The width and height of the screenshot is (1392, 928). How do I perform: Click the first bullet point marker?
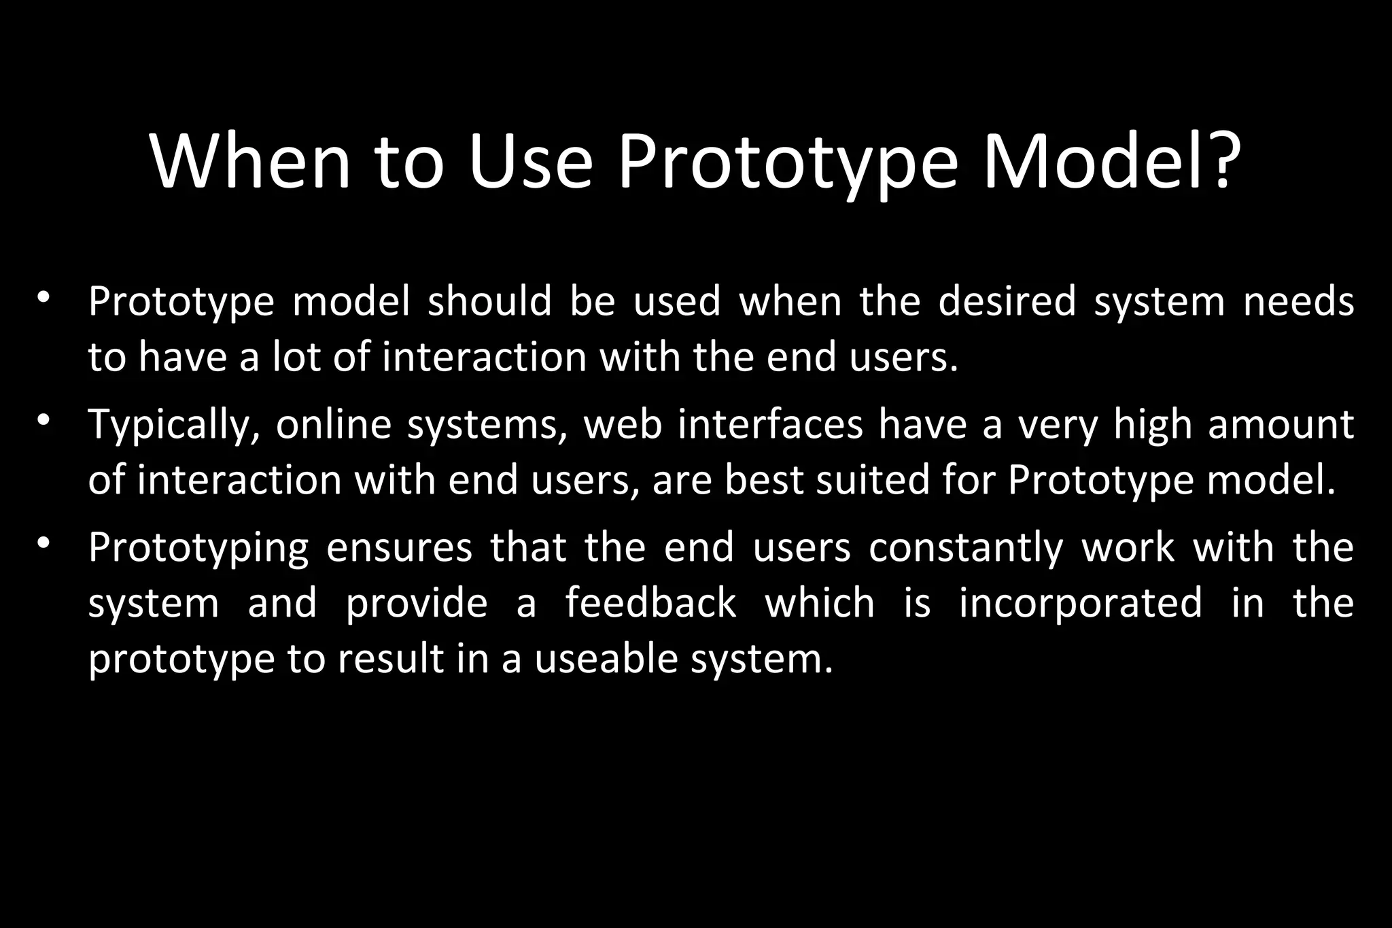44,298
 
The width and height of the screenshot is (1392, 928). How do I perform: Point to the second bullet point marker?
44,421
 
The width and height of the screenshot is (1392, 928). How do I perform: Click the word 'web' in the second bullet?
623,424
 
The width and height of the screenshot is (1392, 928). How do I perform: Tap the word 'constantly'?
966,548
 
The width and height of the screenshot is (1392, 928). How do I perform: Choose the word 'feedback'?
650,603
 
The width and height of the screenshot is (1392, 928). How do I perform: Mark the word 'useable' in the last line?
606,659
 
